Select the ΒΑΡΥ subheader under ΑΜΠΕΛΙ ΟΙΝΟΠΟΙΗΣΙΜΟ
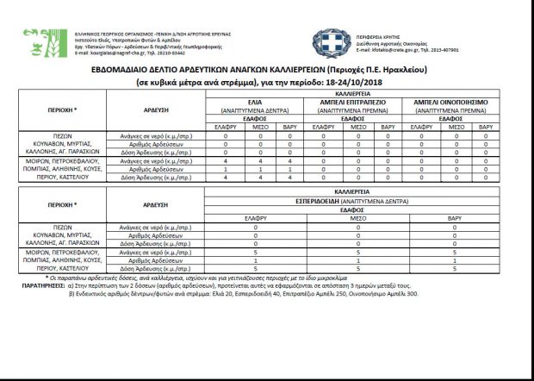pyautogui.click(x=486, y=127)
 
